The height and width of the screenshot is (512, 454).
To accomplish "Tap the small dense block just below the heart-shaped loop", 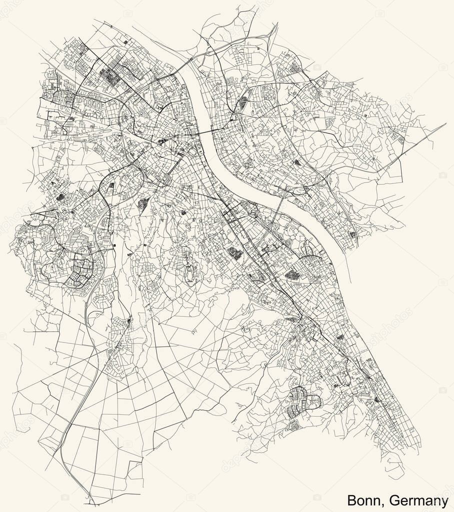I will [294, 425].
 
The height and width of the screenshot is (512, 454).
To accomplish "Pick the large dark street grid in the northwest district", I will [111, 77].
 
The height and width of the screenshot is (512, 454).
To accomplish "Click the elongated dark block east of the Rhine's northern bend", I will [243, 102].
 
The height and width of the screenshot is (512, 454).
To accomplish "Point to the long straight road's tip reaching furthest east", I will [444, 123].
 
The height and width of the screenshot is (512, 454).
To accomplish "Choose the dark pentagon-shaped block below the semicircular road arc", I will [291, 274].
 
